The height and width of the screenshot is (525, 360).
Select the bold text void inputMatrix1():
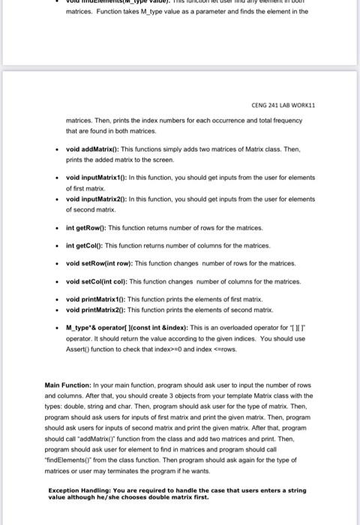(94, 177)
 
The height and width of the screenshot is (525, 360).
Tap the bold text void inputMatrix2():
(94, 199)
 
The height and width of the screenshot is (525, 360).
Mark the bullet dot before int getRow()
(58, 227)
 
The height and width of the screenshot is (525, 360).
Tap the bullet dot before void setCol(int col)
(58, 281)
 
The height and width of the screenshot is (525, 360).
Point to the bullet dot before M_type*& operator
(58, 328)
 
